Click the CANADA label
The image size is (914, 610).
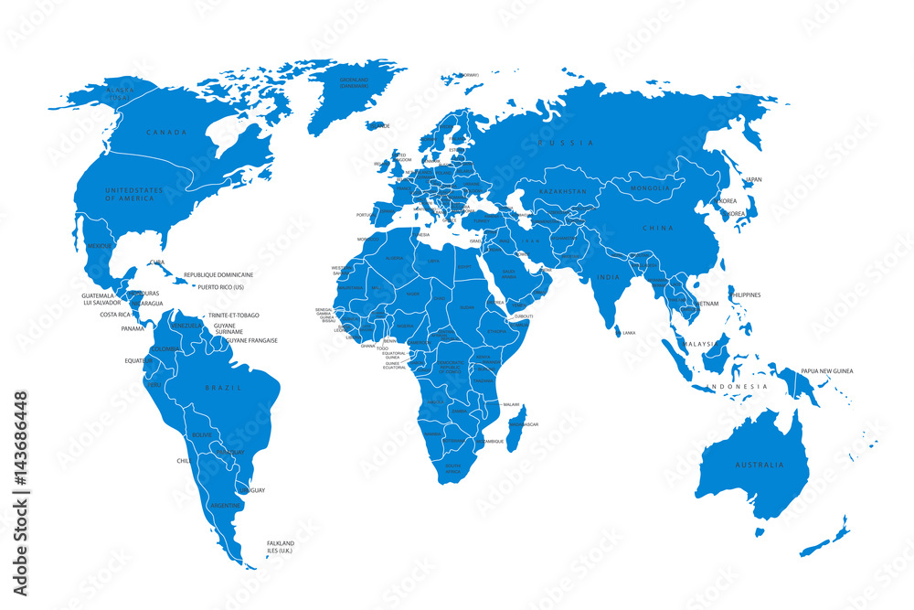(x=166, y=133)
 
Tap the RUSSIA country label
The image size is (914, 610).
(x=566, y=143)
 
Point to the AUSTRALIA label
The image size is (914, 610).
(x=760, y=466)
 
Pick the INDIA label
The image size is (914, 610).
(x=609, y=277)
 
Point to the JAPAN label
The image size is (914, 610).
(x=753, y=179)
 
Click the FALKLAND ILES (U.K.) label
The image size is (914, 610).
(x=281, y=547)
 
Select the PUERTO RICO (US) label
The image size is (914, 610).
(x=221, y=286)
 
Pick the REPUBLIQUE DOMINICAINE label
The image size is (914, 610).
(x=218, y=274)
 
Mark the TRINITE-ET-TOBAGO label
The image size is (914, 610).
(x=233, y=315)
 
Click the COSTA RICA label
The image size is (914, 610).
(x=115, y=314)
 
